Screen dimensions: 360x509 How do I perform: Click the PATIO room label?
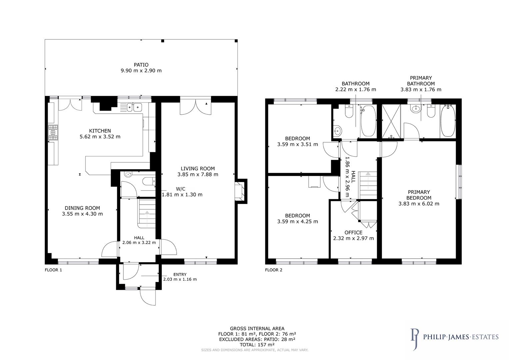coord(141,65)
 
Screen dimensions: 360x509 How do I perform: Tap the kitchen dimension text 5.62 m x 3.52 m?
coord(100,137)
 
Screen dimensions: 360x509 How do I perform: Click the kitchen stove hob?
coord(53,133)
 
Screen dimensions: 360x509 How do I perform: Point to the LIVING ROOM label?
coord(198,169)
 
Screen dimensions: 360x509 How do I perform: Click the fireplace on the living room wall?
coord(240,191)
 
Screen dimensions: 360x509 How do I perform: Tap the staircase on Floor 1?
coord(147,213)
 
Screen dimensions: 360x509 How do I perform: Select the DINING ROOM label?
coord(82,208)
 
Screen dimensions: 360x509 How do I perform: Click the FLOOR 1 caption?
coord(53,270)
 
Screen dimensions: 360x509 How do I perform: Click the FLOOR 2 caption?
coord(274,270)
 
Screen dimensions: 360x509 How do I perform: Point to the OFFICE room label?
coord(353,232)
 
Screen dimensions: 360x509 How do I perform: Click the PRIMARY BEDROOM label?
coord(419,195)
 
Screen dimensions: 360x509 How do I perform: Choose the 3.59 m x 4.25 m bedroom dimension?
coord(297,221)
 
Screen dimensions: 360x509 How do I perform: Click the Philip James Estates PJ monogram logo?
coord(414,339)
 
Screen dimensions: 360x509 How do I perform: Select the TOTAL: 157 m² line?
coord(257,345)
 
